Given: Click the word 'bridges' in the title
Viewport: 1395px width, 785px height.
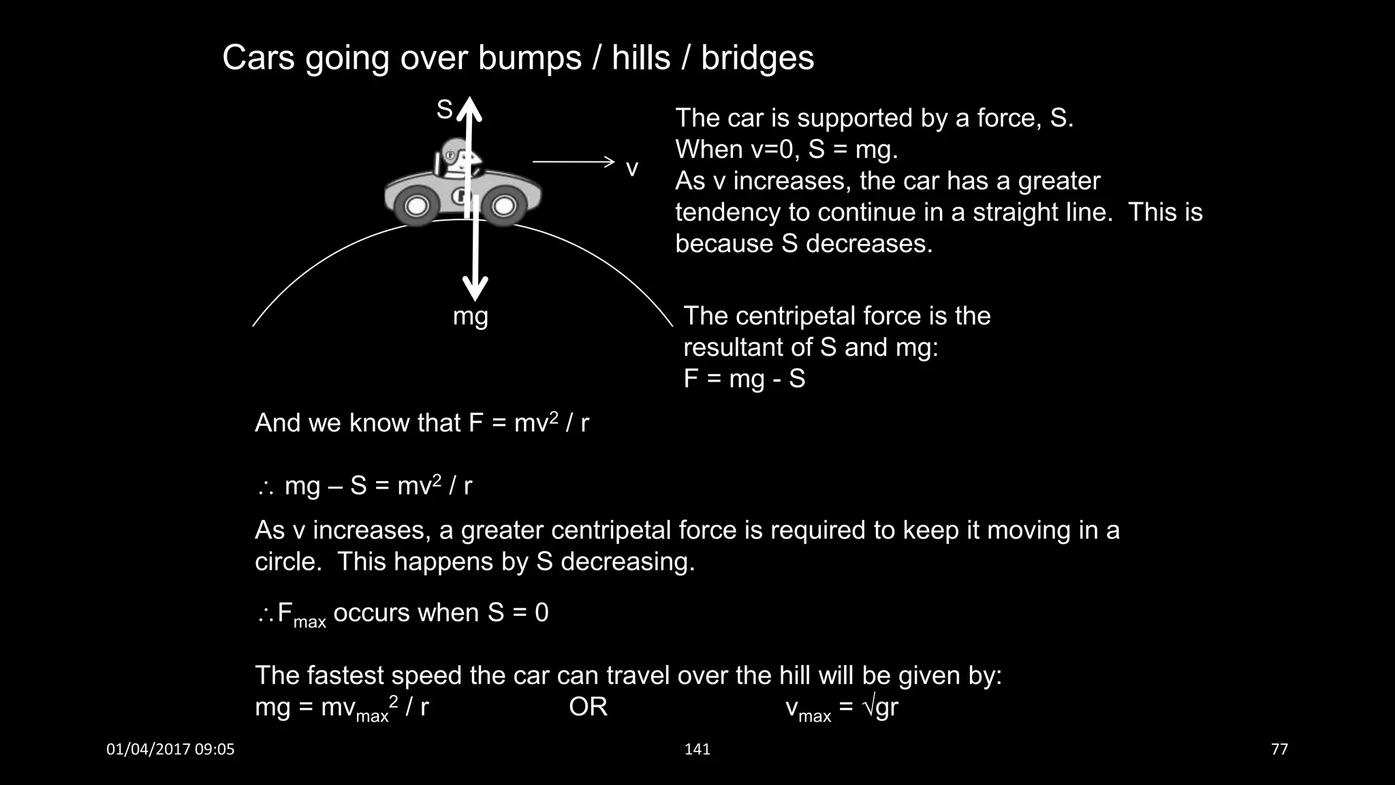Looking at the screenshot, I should click(757, 58).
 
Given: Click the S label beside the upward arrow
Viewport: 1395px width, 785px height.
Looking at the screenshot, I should click(444, 109).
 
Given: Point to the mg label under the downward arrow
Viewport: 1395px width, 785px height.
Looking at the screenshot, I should click(471, 317).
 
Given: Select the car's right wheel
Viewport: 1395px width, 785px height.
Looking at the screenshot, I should click(504, 205).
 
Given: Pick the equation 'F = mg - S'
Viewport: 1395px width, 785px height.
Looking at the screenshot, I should click(744, 379).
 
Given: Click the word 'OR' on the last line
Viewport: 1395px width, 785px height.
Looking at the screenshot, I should click(588, 707).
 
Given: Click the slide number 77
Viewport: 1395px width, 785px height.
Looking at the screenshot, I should click(1279, 750).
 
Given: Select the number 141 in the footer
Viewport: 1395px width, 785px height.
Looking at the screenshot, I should click(697, 750).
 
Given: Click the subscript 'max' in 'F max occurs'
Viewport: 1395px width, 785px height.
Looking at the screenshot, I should click(309, 622).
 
